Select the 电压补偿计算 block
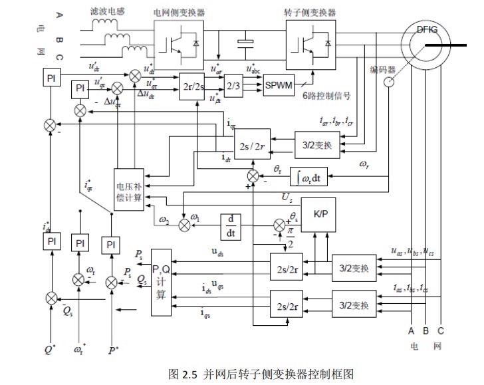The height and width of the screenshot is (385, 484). pos(129,188)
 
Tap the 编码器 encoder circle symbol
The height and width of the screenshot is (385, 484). pos(388,83)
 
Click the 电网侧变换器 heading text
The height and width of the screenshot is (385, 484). pos(180,12)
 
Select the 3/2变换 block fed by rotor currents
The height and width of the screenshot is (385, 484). pos(317,144)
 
